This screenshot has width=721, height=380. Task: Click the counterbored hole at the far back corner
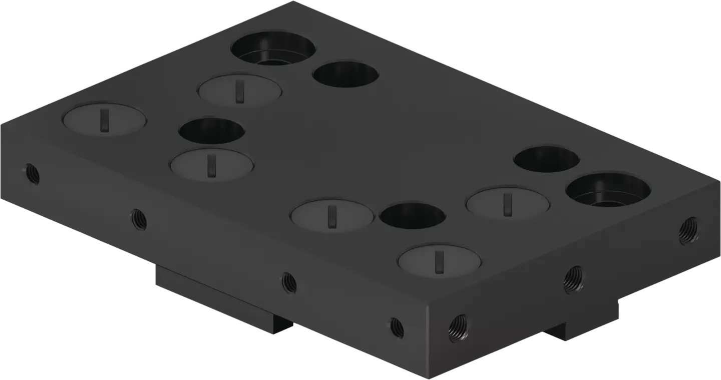pos(273,49)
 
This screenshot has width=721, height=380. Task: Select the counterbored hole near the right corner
pos(607,191)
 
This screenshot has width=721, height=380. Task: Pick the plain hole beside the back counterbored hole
pos(345,74)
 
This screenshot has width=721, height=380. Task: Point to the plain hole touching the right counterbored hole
pos(546,159)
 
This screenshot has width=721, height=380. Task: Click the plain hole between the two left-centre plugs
pos(212,130)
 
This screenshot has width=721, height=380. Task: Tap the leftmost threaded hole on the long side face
pos(33,174)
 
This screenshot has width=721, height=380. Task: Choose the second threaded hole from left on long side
pos(139,219)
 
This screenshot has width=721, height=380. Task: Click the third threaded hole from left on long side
pos(289,282)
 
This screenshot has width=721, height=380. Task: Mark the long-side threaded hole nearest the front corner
pos(397,327)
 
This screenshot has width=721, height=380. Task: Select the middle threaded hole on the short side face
pos(574,279)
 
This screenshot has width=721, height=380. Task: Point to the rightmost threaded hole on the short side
pos(689,231)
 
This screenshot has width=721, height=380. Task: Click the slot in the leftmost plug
pos(104,121)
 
